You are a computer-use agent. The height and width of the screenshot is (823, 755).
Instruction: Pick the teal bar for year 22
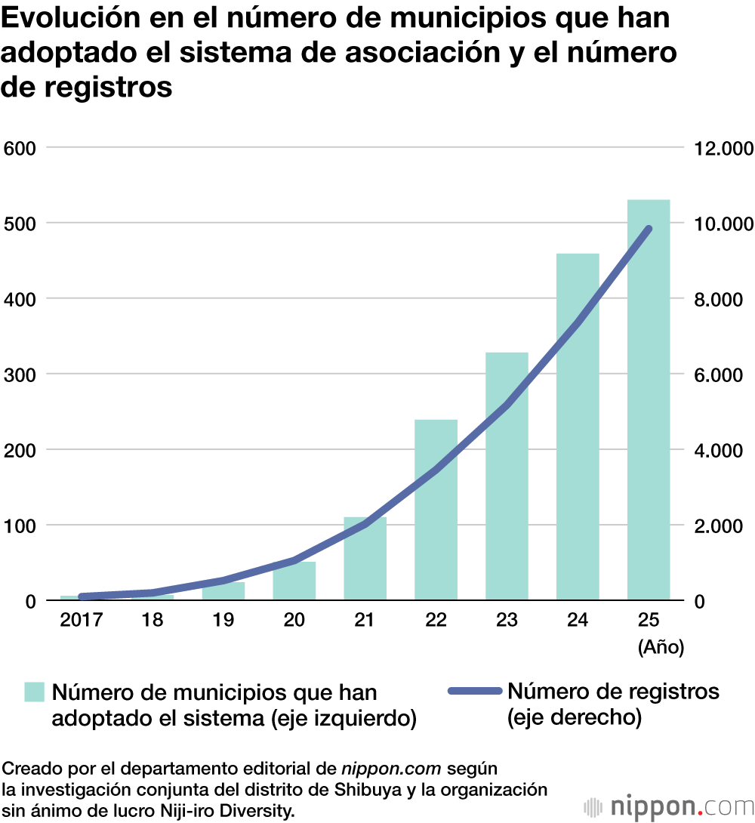pos(436,529)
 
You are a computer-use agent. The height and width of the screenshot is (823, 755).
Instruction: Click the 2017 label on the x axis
pos(81,620)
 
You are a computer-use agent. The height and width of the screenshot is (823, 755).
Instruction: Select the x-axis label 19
pos(223,620)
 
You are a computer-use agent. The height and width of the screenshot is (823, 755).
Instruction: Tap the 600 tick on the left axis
pos(20,147)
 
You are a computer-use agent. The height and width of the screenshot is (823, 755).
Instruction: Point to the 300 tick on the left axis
pos(20,375)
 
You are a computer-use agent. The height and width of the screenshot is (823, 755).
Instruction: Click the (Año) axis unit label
pos(661,647)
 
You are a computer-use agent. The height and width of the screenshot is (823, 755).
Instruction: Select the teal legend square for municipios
pos(35,692)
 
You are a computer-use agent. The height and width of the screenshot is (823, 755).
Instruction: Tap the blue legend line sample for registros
pos(474,692)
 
